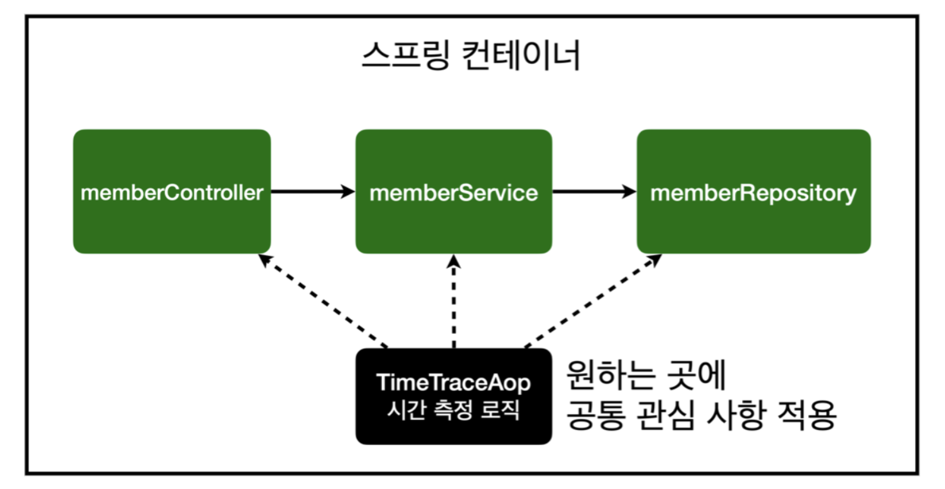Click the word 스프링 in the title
point(405,55)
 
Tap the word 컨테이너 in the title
point(521,55)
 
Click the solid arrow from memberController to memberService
point(312,191)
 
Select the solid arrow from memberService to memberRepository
point(594,191)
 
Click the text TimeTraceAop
point(454,382)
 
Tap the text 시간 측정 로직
point(454,409)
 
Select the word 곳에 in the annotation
point(697,374)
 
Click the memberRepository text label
point(753,193)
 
